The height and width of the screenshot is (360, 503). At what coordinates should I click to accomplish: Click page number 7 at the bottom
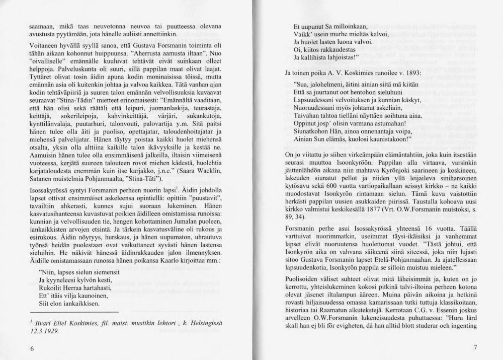(475, 348)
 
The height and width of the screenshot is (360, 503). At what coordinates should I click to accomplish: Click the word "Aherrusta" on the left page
(150, 52)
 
